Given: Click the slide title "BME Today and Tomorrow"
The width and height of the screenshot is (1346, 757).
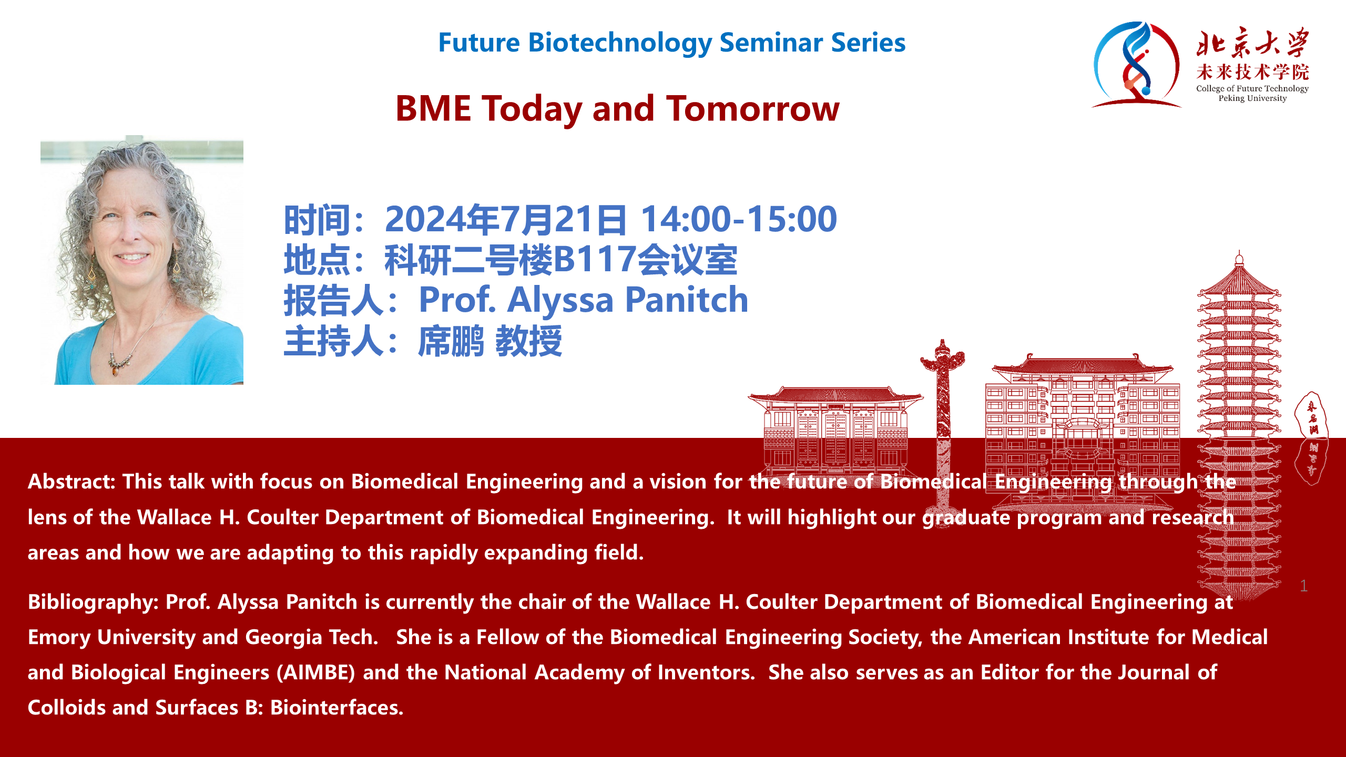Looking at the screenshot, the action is [617, 109].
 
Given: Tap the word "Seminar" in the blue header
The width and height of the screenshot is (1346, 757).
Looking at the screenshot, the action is [768, 43].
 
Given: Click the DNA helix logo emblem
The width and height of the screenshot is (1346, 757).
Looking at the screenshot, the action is [1136, 64].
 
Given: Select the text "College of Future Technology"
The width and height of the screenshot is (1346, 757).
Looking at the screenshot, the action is [1252, 88].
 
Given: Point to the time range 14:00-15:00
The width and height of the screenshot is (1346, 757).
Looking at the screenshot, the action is [739, 219].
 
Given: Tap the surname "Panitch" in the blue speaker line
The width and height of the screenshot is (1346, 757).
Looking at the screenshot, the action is [687, 300].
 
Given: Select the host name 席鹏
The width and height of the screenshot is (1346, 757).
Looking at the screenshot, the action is [451, 341].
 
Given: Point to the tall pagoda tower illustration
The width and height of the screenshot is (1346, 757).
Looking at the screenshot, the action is [1239, 426].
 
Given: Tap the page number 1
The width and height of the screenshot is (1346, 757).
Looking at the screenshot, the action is [1304, 586].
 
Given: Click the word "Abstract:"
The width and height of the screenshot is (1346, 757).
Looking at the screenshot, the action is [72, 482].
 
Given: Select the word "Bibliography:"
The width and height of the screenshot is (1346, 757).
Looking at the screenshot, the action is [93, 602].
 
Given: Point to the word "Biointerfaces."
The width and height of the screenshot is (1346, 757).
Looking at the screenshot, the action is [337, 708].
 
